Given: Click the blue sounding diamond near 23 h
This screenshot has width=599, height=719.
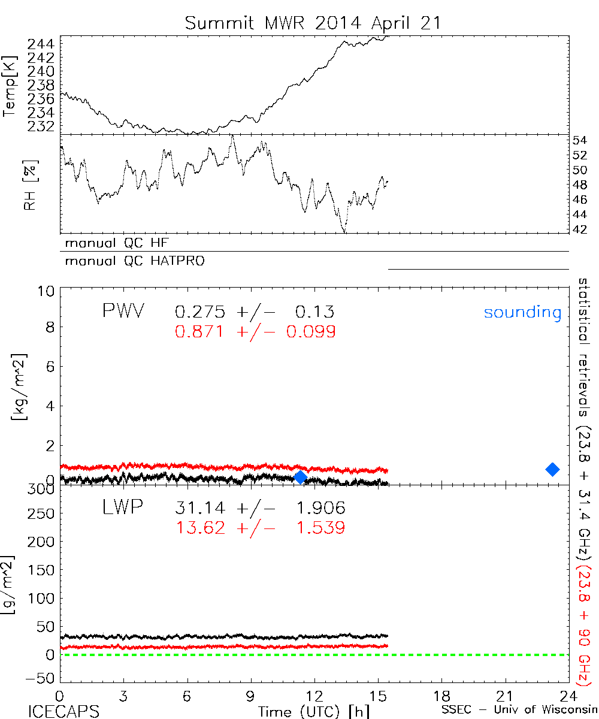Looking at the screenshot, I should click(552, 469).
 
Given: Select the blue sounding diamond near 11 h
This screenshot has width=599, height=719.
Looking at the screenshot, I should click(301, 477).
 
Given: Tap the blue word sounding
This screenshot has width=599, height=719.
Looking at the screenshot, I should click(522, 312).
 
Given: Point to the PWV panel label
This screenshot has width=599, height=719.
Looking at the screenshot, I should click(123, 311).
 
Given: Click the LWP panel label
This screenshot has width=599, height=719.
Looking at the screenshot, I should click(123, 507).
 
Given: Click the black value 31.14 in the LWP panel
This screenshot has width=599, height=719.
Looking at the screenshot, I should click(201, 509).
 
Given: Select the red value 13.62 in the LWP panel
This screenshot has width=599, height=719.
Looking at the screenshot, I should click(201, 527).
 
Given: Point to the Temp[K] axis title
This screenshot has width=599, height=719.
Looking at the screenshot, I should click(10, 85).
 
